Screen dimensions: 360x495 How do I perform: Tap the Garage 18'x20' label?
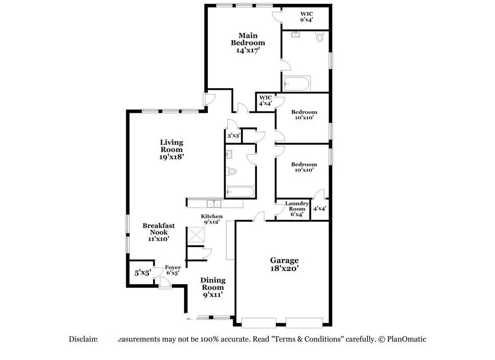point(284,264)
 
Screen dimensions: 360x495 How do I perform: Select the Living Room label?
point(171,150)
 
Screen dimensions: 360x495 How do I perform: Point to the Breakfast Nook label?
point(158,232)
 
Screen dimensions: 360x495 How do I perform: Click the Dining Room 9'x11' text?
point(212,287)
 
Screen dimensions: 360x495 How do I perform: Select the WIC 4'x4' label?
point(265,101)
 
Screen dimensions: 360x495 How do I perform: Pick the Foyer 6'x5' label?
point(173,270)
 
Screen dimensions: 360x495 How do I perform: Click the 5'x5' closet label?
point(143,272)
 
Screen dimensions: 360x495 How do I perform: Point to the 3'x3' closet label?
point(234,135)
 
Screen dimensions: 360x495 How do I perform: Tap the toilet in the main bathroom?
point(320,37)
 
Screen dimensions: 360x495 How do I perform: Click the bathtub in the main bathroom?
point(297,84)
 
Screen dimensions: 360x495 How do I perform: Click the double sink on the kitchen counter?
point(214,204)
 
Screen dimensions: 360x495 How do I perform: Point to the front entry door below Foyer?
point(164,283)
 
